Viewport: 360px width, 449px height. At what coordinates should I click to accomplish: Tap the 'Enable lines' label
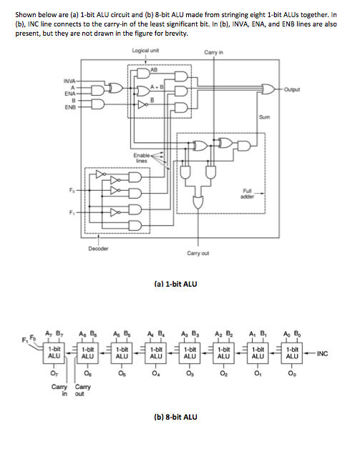click(142, 157)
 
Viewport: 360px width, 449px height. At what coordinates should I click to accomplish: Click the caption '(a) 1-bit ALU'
click(175, 284)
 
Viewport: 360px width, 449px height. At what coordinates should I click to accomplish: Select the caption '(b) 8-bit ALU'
click(175, 415)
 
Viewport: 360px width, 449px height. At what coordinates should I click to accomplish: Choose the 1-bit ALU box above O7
click(54, 352)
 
